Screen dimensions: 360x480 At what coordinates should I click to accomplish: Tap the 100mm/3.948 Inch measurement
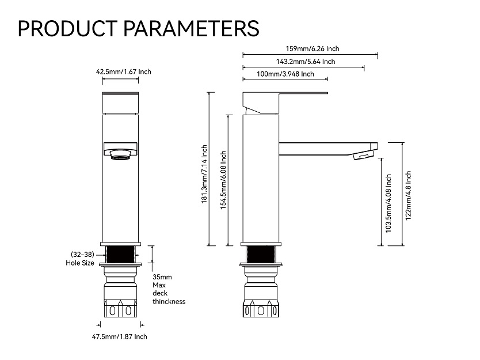coord(285,74)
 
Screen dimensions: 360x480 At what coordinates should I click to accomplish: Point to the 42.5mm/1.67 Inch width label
coord(123,72)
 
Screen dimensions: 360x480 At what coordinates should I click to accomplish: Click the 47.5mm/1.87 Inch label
coord(120,336)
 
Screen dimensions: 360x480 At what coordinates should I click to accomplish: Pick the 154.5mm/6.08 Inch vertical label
coord(223,180)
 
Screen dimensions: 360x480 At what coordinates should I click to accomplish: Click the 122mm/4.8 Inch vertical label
coord(408,194)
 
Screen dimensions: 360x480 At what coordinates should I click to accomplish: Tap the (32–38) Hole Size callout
coord(82,259)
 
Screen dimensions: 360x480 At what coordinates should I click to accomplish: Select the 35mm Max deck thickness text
coord(168,289)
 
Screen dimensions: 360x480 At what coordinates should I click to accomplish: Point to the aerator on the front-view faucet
coord(121,154)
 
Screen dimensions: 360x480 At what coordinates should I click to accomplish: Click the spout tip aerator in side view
coord(363,154)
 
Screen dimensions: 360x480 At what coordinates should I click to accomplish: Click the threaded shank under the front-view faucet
coord(121,252)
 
